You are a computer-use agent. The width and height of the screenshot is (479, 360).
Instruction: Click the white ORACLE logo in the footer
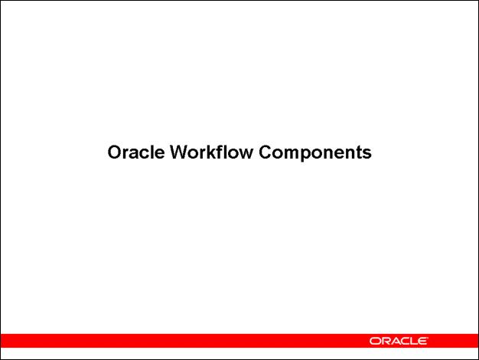pyautogui.click(x=399, y=340)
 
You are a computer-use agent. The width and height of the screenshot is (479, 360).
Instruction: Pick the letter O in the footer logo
pyautogui.click(x=375, y=340)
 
